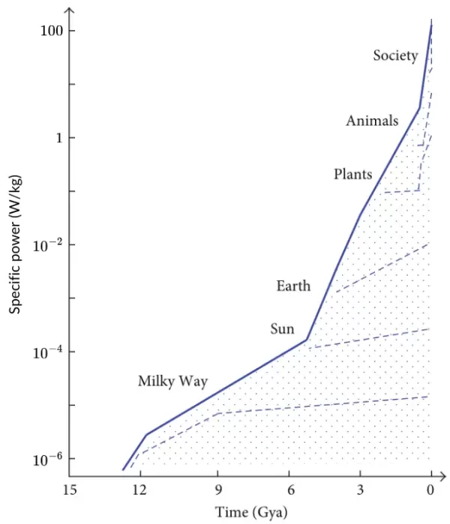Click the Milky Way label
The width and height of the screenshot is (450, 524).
(x=172, y=381)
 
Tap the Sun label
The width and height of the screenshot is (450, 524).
(x=283, y=328)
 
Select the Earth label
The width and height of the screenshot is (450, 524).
(x=293, y=286)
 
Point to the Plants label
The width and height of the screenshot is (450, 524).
(x=352, y=175)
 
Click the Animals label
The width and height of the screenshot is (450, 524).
(x=372, y=121)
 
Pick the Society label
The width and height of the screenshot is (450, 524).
(x=395, y=55)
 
